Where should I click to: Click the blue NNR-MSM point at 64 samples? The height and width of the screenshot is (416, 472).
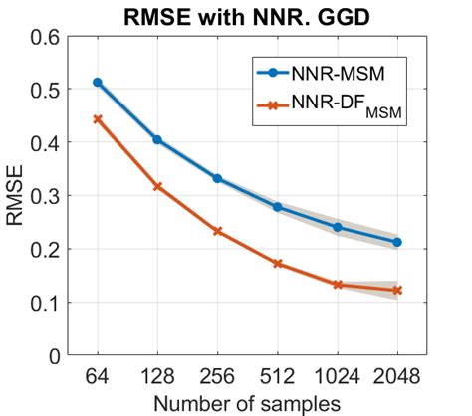97,82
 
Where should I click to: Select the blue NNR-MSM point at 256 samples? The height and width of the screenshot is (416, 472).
217,178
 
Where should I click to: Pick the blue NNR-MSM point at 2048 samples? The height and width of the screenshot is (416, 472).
397,242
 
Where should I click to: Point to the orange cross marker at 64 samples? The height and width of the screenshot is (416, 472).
97,118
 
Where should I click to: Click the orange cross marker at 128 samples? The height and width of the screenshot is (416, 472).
157,186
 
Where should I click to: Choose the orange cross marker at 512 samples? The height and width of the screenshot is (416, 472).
278,264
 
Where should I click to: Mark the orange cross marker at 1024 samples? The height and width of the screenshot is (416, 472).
338,285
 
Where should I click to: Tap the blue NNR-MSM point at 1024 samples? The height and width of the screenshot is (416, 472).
338,227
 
